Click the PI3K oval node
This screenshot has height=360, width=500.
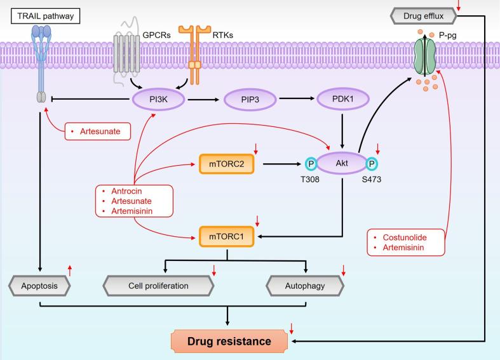(158, 100)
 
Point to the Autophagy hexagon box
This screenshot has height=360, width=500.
(306, 286)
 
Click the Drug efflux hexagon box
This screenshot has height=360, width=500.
(453, 13)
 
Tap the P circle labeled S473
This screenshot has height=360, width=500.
(374, 163)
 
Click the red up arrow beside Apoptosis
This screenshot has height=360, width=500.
(71, 270)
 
